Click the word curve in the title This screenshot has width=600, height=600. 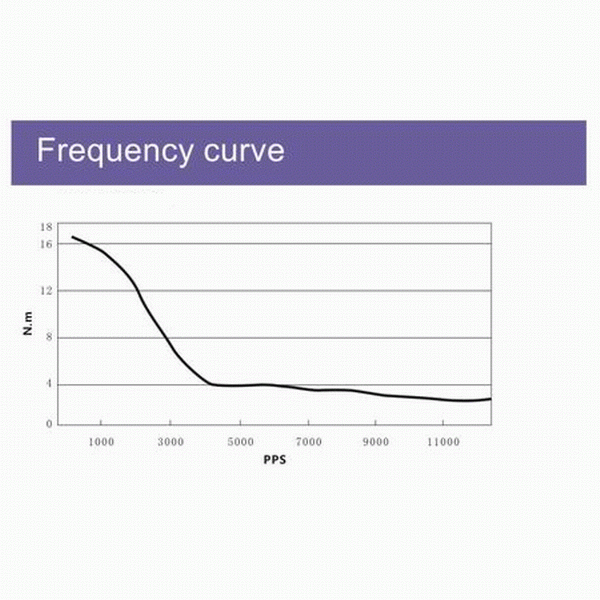(242, 152)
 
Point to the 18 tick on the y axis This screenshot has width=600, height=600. (46, 228)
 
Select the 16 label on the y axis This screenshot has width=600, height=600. (46, 243)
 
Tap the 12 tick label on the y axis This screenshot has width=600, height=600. (46, 290)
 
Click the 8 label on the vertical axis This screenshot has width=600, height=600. (49, 337)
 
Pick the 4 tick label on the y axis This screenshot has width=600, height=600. (49, 384)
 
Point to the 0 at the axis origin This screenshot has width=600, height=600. (49, 425)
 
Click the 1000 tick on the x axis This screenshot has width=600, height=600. (100, 441)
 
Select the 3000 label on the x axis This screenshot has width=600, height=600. (170, 441)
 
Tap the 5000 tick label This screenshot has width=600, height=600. (239, 441)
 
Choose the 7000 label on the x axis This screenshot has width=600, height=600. (308, 441)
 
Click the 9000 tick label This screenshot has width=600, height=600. (376, 441)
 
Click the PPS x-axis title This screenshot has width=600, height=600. (277, 462)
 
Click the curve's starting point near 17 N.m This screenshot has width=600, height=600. (72, 237)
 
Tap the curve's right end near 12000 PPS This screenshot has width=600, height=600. (490, 399)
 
